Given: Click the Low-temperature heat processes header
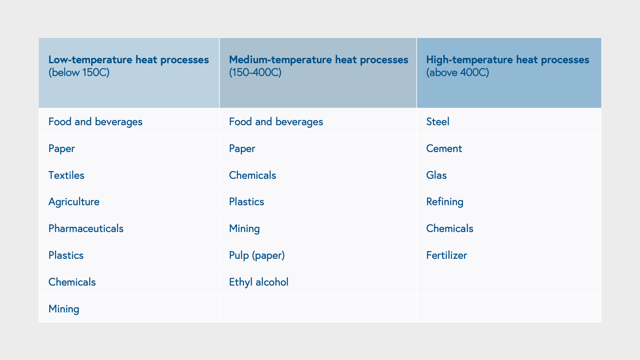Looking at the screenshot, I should (x=128, y=60).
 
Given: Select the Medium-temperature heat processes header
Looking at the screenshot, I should (x=318, y=60).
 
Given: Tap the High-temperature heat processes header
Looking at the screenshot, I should (x=508, y=60).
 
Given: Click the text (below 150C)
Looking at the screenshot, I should (x=79, y=73).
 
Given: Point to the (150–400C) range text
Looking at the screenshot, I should (x=255, y=73).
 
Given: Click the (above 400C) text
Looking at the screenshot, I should (x=458, y=73).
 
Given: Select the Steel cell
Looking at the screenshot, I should (x=438, y=122).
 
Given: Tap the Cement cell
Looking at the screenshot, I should (x=444, y=149).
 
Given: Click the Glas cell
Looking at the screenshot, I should (x=436, y=175).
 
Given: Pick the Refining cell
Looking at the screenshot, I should (x=445, y=202).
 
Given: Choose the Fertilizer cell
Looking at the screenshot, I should (x=446, y=255).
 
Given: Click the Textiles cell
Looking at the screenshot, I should (x=66, y=175).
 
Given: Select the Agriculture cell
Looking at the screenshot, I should (x=74, y=202).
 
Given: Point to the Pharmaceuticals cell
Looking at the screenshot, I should (x=86, y=228).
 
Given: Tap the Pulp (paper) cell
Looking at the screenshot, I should (x=257, y=255).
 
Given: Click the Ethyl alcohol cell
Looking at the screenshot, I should (x=258, y=282).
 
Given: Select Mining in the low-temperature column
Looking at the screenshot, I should (x=64, y=309).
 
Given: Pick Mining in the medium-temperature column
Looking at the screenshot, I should (x=244, y=228).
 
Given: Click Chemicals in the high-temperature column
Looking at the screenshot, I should (x=450, y=228).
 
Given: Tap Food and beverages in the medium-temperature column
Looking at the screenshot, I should (x=276, y=122).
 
